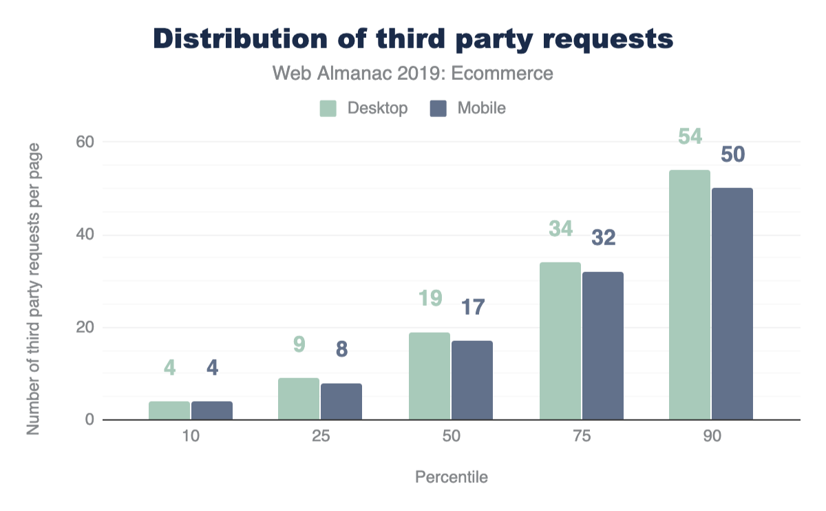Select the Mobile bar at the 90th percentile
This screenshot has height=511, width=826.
(x=732, y=304)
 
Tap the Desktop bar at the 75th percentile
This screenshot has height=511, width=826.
(x=560, y=341)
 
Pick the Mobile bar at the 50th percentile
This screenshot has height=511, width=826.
(x=472, y=380)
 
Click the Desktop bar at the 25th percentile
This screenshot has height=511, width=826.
(x=299, y=399)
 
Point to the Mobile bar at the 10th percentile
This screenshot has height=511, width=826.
(x=212, y=410)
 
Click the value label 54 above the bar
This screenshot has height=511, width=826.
(x=690, y=137)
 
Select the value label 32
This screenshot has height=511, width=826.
(x=603, y=238)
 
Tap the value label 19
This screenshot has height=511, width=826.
(x=430, y=300)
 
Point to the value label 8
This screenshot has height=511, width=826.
(x=341, y=350)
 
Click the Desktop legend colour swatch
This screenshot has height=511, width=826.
(x=328, y=108)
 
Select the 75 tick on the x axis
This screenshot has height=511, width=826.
(x=582, y=437)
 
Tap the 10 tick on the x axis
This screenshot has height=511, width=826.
(x=191, y=437)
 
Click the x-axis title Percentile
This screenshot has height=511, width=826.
(x=452, y=477)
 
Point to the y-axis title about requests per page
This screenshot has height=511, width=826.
(x=33, y=289)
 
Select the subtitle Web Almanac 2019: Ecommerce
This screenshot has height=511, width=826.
(x=413, y=73)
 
